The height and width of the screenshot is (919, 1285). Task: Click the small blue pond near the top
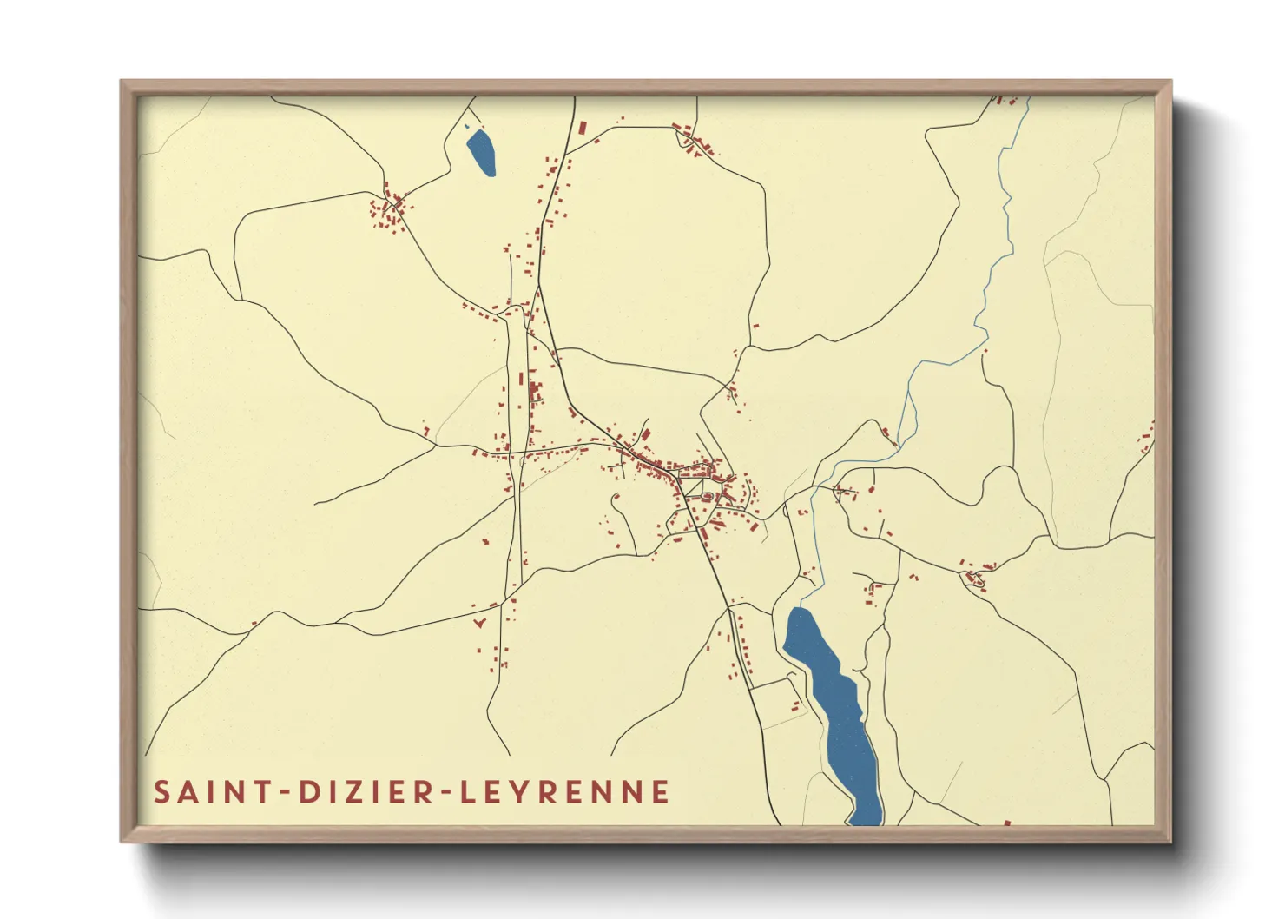[481, 152]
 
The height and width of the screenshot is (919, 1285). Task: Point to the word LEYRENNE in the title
[564, 792]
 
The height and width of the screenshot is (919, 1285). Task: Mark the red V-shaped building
[478, 622]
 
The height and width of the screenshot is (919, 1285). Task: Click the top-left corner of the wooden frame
[122, 83]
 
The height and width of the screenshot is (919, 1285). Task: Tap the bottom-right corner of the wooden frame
[1170, 841]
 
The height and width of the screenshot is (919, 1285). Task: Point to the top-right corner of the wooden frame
[1170, 83]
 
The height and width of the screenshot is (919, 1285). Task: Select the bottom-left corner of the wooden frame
[122, 841]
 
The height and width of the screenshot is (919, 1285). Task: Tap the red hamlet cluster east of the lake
[974, 577]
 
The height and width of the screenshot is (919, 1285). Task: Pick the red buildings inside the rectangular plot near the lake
[795, 704]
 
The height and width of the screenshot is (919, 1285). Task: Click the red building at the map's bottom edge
[1007, 822]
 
